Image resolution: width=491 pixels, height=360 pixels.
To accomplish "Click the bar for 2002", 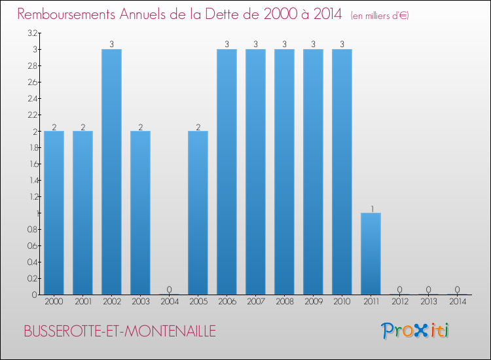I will tap(111, 171).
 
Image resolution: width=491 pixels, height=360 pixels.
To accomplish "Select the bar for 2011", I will tap(371, 253).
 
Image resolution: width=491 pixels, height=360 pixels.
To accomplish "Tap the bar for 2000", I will tap(54, 213).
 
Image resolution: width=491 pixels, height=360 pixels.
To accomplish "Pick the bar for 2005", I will tap(198, 213).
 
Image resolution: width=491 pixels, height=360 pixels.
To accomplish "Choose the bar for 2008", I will tap(284, 171).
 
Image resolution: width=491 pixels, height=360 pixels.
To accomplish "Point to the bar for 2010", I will tap(342, 171).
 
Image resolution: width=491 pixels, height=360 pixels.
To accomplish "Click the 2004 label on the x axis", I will tap(169, 302).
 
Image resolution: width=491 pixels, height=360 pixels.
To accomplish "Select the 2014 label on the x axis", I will tap(457, 302).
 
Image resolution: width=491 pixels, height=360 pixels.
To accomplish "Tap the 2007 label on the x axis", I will tap(255, 302).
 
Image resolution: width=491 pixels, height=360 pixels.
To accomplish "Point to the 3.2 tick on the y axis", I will tap(32, 33).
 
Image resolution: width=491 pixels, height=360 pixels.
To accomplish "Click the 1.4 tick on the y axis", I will tap(32, 180).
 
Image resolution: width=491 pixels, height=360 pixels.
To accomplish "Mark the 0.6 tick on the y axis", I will tap(32, 245).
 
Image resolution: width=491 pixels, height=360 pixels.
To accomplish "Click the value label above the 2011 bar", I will tap(371, 209).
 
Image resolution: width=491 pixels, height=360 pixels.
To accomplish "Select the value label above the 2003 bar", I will tap(140, 127).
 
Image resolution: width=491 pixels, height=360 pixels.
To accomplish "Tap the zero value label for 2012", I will tap(400, 290).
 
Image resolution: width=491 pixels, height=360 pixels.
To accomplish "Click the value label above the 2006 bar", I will tap(227, 45).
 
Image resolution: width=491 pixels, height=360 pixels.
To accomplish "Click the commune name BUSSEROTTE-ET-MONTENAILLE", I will tap(119, 331).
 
